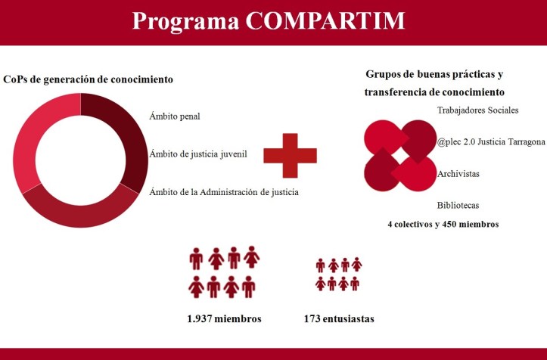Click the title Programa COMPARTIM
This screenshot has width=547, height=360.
[x=268, y=20]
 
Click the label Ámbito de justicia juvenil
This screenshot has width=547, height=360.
[x=199, y=154]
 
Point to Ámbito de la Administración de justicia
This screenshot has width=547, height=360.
[x=224, y=191]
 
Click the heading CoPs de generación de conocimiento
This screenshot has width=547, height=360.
[x=89, y=79]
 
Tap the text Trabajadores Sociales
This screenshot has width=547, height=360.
[x=478, y=110]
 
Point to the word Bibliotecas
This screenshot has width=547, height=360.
[x=458, y=205]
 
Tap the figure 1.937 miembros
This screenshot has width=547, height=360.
[x=224, y=318]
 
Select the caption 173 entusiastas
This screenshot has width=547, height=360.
[x=339, y=318]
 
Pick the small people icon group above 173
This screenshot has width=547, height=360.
[x=338, y=274]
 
